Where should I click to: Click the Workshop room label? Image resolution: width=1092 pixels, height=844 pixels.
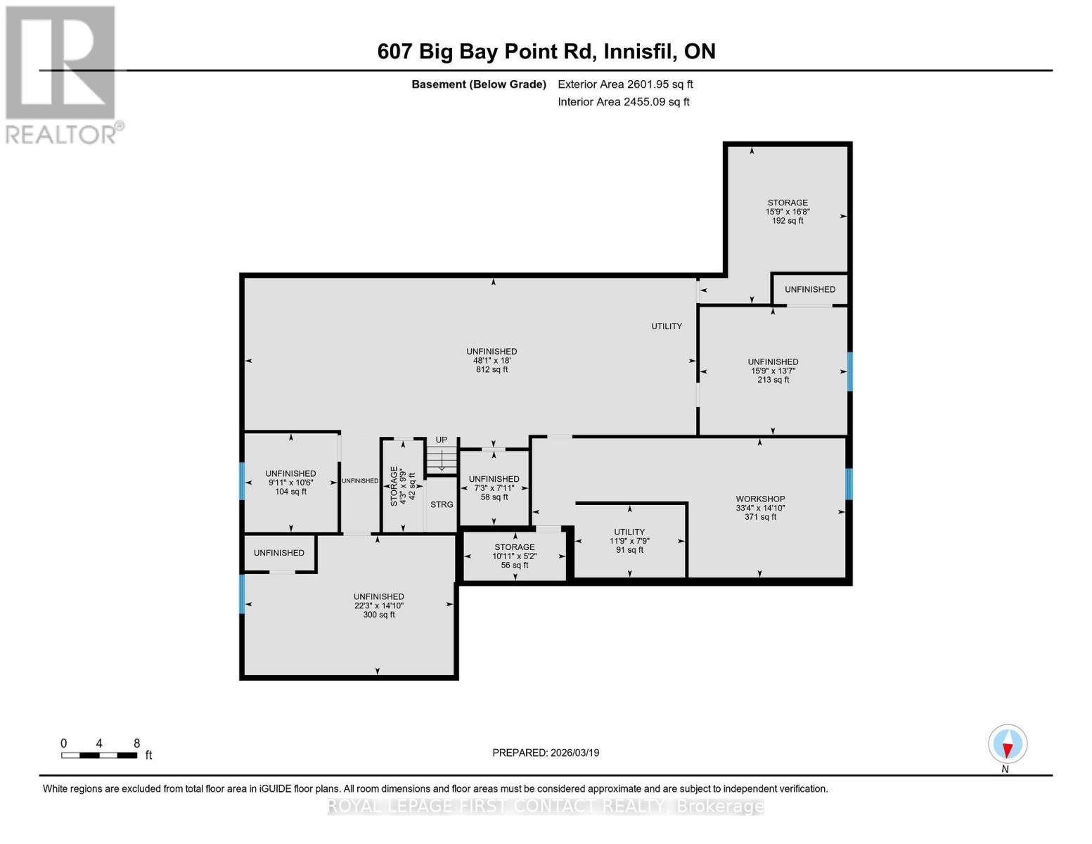click(x=760, y=499)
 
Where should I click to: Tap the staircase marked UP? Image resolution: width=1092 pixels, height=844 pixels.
click(x=442, y=459)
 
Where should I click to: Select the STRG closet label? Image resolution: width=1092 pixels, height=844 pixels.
click(x=442, y=504)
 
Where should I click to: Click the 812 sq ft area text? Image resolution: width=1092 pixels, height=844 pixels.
click(x=492, y=369)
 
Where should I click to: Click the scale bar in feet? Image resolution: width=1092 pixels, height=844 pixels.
click(x=99, y=755)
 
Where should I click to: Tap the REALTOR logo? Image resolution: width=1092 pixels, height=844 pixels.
click(x=61, y=74)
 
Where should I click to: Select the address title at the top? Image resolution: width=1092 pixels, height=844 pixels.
click(x=546, y=51)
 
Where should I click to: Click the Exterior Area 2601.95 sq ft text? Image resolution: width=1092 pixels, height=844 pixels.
click(x=625, y=84)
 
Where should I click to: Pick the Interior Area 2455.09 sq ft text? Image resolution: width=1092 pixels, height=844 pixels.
click(x=623, y=102)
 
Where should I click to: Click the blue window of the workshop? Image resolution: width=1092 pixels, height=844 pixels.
click(x=849, y=484)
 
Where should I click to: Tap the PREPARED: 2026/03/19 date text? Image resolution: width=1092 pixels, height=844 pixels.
click(x=546, y=753)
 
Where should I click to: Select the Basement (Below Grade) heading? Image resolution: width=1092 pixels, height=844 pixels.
click(x=478, y=84)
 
